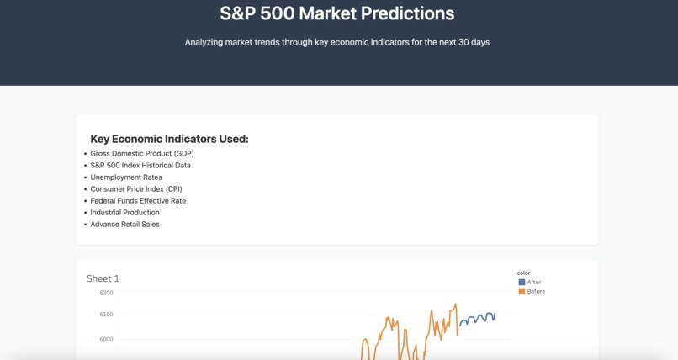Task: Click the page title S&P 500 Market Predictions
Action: coord(336,13)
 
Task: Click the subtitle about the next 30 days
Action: coord(336,42)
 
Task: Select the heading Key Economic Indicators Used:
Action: coord(169,139)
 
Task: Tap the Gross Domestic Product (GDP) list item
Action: coord(141,154)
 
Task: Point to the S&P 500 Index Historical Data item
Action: coord(140,166)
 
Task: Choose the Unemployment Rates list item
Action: coord(126,177)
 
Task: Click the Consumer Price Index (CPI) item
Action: coord(136,189)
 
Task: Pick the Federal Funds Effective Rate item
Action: coord(138,201)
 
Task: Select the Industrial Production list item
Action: coord(124,213)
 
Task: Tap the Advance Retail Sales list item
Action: coord(124,225)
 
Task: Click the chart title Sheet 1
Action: coord(103,278)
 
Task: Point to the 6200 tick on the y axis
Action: coord(106,293)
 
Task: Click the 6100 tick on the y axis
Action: coord(106,315)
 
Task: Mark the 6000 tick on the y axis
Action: coord(106,339)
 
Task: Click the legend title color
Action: coord(523,273)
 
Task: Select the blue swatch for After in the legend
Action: coord(522,282)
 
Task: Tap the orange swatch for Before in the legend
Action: coord(522,291)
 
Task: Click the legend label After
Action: coord(534,282)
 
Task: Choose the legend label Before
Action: coord(536,291)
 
